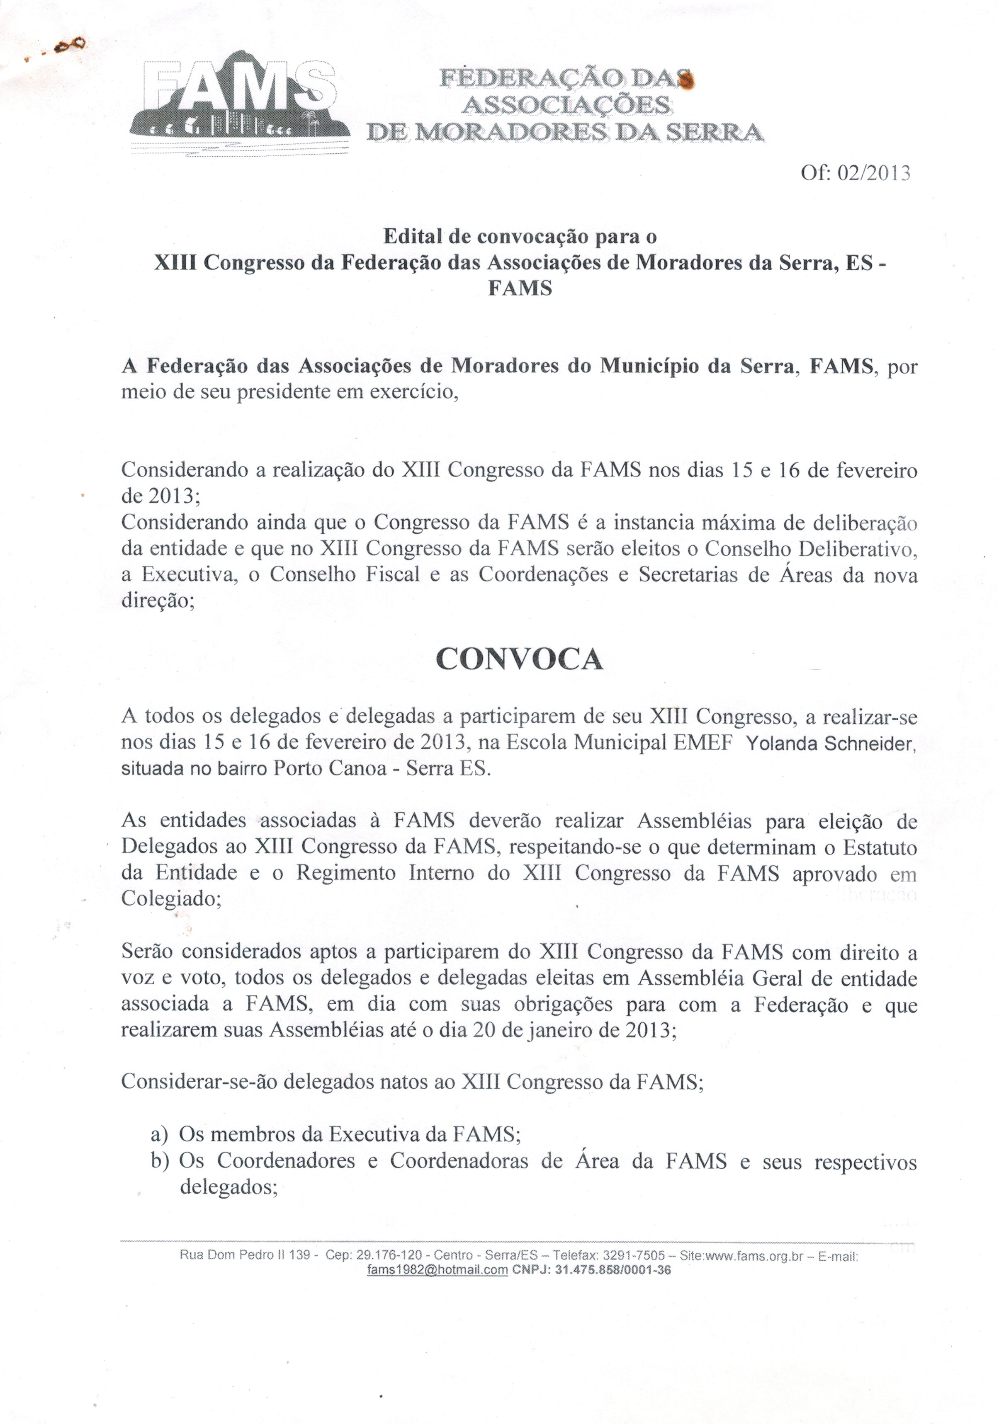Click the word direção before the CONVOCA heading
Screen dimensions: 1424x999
tap(157, 601)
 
